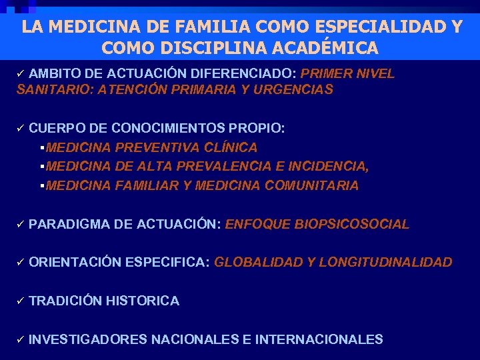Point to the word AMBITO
coord(53,73)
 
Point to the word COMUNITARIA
coord(311,185)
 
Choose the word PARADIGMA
coord(69,224)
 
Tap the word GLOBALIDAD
coord(258,262)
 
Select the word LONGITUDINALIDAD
coord(385,262)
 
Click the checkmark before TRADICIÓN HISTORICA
coord(20,301)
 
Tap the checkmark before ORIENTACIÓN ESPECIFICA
coord(20,262)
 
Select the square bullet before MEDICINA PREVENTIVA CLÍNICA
coord(42,147)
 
